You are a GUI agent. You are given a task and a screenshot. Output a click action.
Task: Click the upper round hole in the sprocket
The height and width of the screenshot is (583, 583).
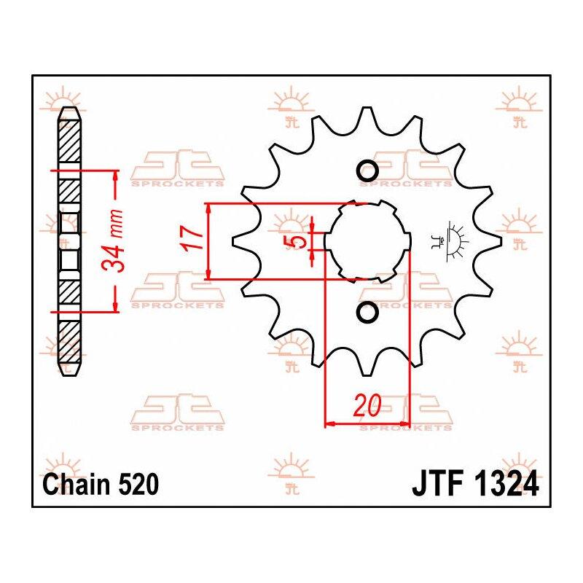click(367, 171)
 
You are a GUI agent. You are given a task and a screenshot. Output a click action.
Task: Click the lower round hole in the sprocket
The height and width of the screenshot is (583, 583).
click(367, 312)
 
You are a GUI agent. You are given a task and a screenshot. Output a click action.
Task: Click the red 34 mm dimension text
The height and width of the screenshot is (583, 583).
click(112, 240)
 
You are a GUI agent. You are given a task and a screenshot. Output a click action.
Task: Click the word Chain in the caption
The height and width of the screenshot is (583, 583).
click(77, 485)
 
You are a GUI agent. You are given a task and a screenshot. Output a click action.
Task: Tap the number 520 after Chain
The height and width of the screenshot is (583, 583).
click(138, 485)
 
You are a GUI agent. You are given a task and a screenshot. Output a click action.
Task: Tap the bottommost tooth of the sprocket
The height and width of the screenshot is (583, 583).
click(367, 364)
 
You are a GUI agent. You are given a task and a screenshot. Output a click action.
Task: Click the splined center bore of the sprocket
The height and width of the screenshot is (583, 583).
click(367, 241)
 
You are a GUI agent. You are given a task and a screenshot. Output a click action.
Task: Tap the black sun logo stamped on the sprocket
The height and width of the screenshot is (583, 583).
click(450, 241)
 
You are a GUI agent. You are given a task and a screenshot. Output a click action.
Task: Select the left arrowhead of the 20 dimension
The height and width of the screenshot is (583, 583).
click(331, 423)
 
